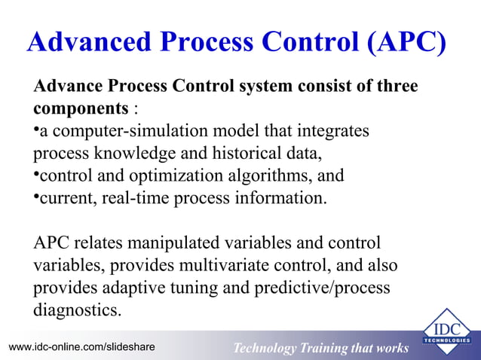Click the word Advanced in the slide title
click(84, 43)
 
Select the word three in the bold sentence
click(392, 87)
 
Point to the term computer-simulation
click(121, 131)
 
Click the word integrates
click(333, 131)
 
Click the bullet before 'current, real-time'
click(36, 198)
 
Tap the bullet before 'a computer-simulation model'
click(36, 130)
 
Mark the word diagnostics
click(77, 311)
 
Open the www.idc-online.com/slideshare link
click(81, 347)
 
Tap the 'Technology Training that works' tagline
click(320, 348)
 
